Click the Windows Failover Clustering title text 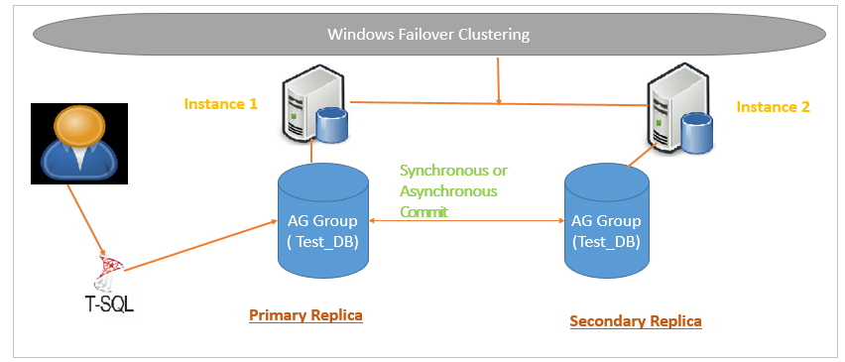click(x=428, y=35)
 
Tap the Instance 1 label click(x=221, y=103)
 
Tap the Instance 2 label click(x=774, y=106)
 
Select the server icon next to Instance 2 click(x=669, y=107)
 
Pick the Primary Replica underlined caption click(x=305, y=314)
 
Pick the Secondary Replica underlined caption click(x=636, y=320)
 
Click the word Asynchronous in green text click(x=448, y=190)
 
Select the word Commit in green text click(x=425, y=210)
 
